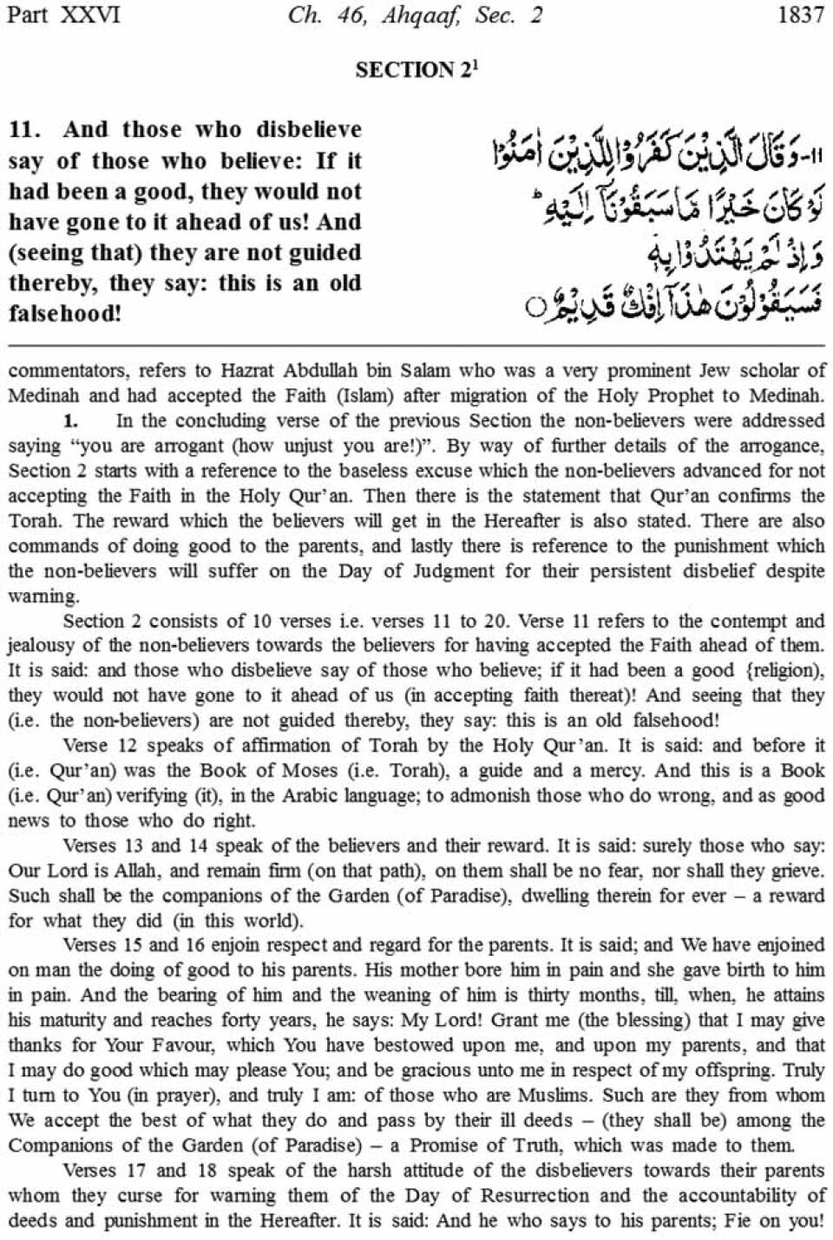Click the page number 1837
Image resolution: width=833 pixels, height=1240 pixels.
(x=801, y=16)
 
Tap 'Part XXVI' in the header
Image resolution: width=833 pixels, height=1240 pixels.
(x=63, y=16)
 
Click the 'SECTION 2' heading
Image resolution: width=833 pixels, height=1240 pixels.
(x=415, y=70)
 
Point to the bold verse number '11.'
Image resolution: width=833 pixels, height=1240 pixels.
(x=24, y=130)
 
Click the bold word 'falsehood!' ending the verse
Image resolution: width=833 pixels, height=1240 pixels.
(x=64, y=313)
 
